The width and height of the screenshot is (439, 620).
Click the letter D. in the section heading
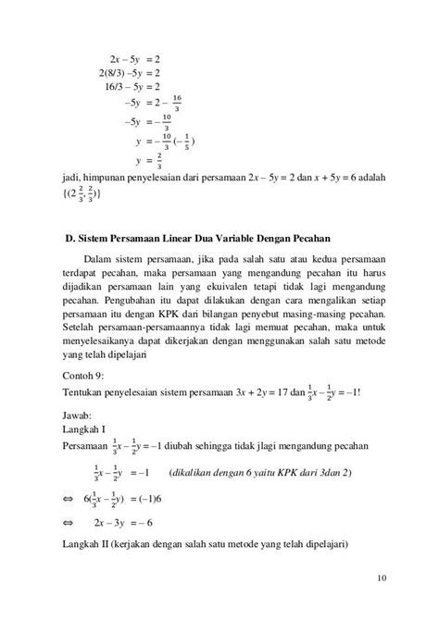click(69, 240)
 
